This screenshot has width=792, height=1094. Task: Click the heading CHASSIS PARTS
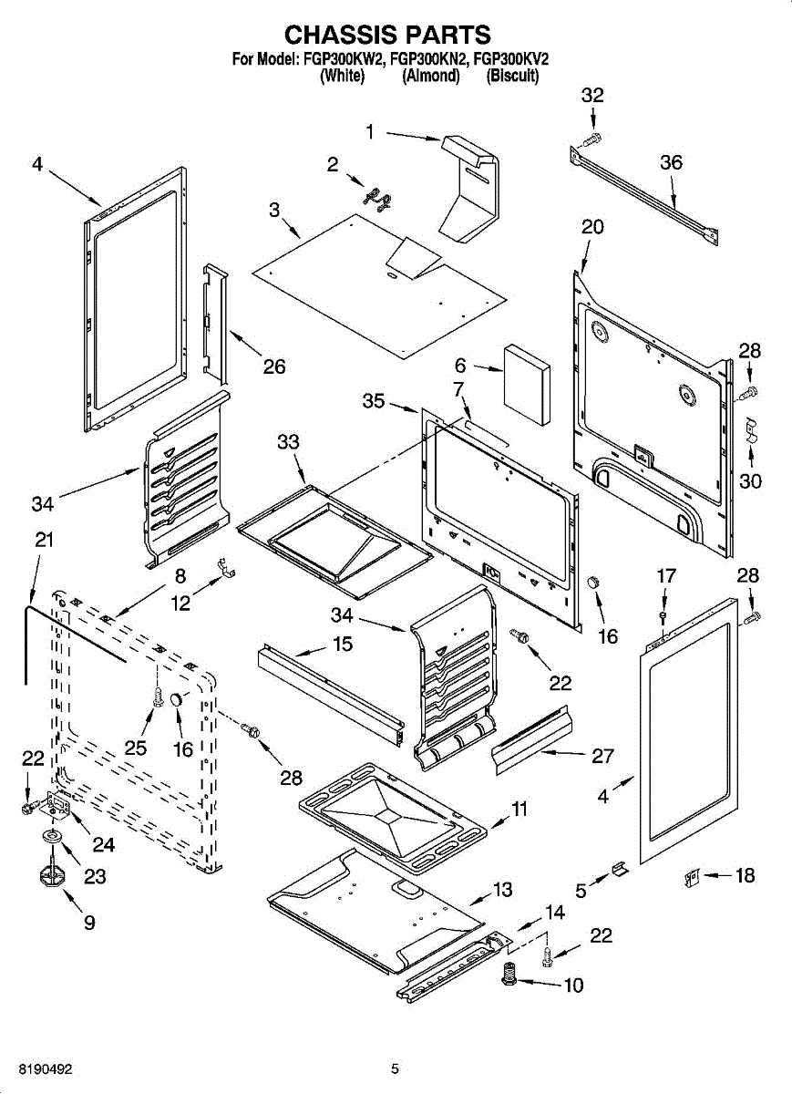click(x=387, y=36)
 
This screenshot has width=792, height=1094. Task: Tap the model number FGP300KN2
click(x=429, y=59)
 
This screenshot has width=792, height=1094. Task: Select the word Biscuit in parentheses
click(x=512, y=76)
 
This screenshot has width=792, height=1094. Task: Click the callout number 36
click(x=671, y=162)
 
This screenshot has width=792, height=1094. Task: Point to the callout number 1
click(x=370, y=131)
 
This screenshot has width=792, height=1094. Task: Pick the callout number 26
click(x=274, y=366)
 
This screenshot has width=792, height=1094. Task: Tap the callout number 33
click(x=288, y=442)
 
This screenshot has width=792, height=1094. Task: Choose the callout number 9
click(x=89, y=923)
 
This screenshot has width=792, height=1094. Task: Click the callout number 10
click(x=574, y=986)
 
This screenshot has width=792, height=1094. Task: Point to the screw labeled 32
click(x=591, y=139)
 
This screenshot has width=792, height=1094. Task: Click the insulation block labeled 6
click(x=527, y=386)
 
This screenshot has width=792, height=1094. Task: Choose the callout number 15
click(x=343, y=644)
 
